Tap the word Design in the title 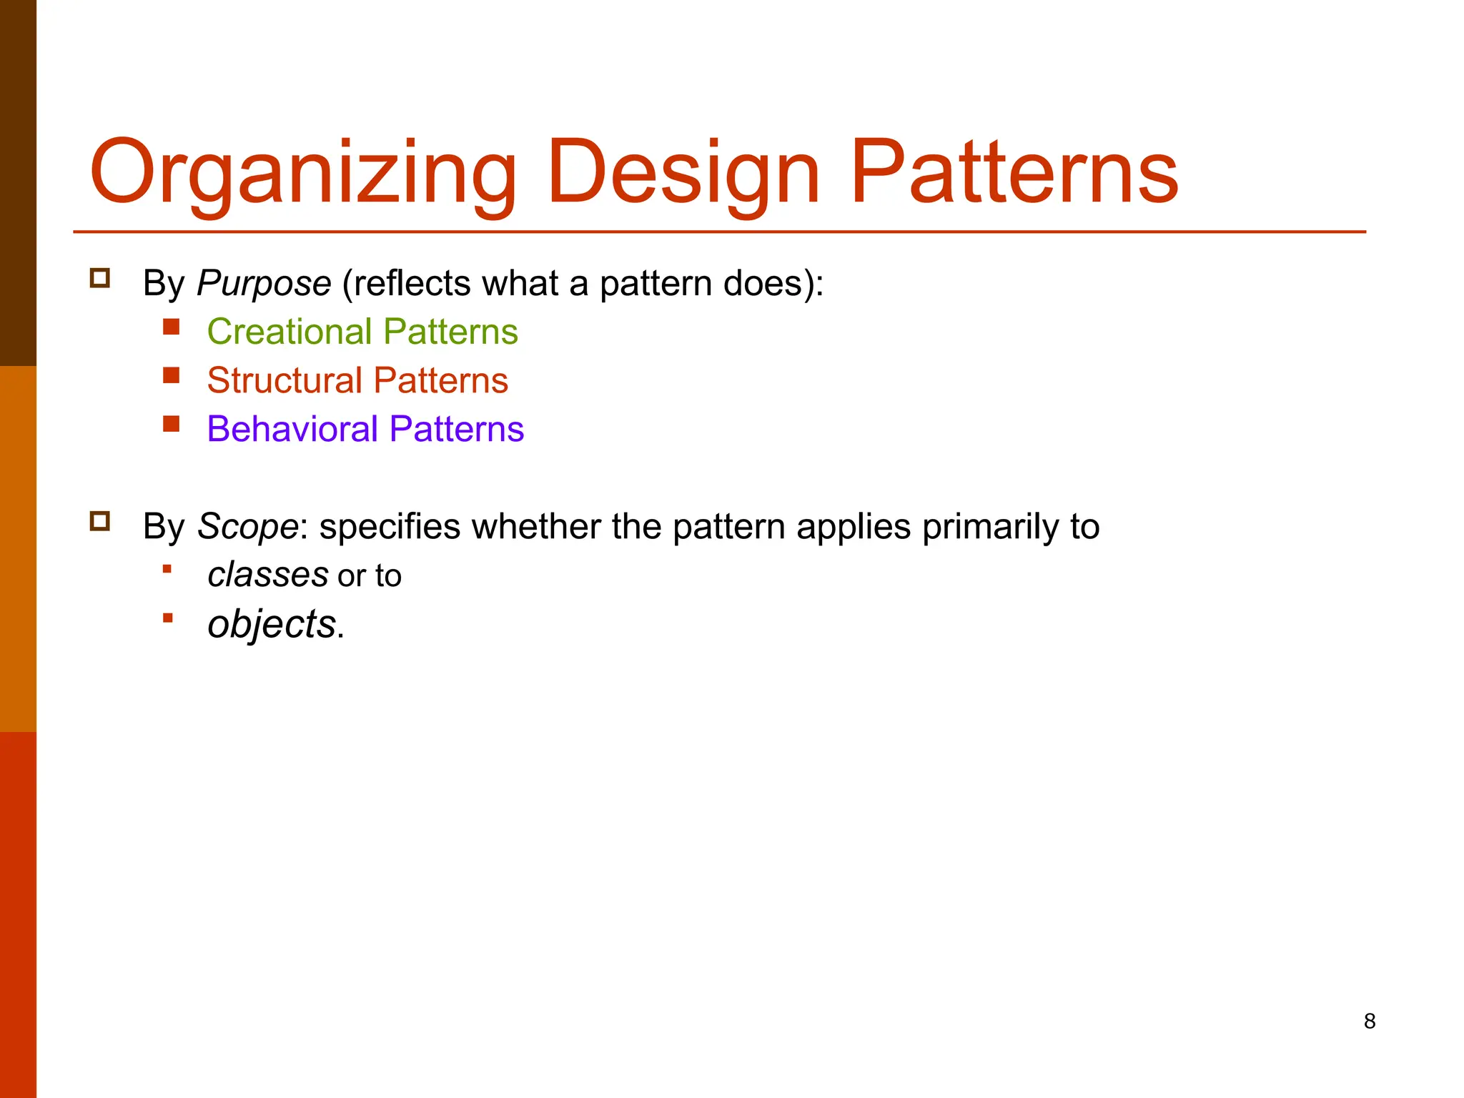(683, 174)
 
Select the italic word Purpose (264, 284)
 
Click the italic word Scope (247, 527)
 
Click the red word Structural (284, 381)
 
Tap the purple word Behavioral (292, 430)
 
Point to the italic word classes (267, 575)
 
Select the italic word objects (271, 625)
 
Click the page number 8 (1369, 1021)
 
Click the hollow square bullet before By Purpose (100, 278)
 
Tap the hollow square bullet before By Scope (100, 521)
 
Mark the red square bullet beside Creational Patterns (171, 327)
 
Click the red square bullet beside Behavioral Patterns (171, 424)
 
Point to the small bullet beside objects (168, 618)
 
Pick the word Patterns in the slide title (1014, 174)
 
